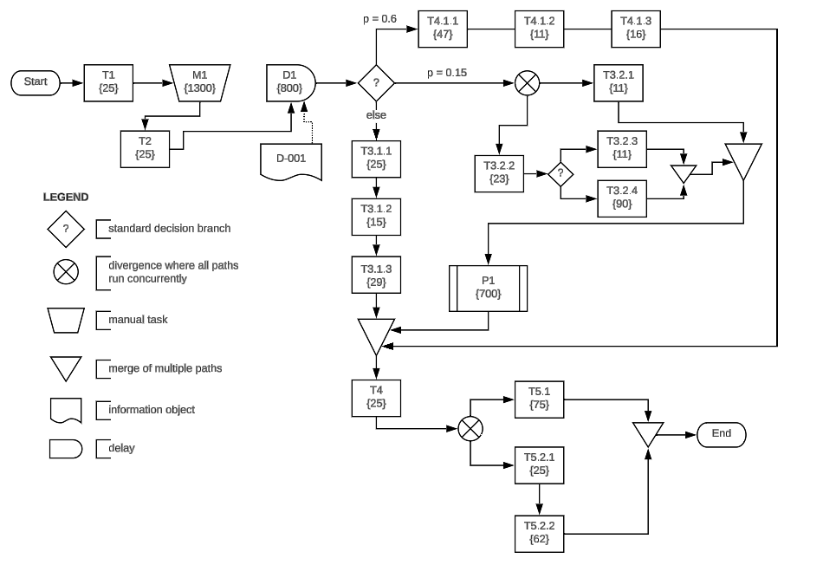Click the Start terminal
click(36, 83)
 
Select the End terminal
click(721, 434)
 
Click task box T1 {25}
click(108, 83)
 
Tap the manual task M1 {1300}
click(200, 83)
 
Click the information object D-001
click(291, 159)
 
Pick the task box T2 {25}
click(145, 148)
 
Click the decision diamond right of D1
click(376, 83)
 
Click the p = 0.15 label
click(447, 73)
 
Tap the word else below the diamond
click(376, 115)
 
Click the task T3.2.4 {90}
click(622, 198)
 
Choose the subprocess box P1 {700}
click(489, 288)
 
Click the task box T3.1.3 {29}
click(376, 275)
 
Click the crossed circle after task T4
click(470, 428)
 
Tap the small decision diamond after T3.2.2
click(561, 173)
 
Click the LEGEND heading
click(66, 198)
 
